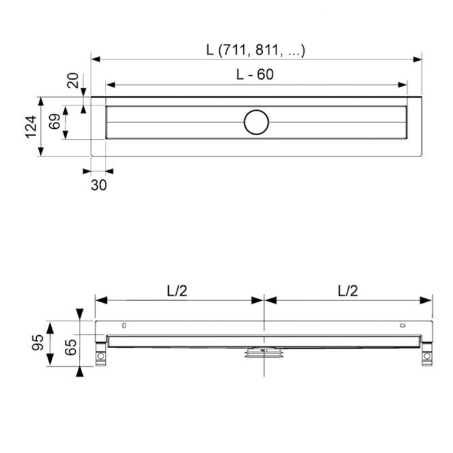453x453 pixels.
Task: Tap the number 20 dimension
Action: [x=72, y=81]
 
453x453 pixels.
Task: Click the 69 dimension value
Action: [x=55, y=121]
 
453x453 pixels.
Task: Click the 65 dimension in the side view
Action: [x=70, y=348]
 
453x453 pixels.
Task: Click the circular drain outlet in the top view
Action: [x=256, y=121]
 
